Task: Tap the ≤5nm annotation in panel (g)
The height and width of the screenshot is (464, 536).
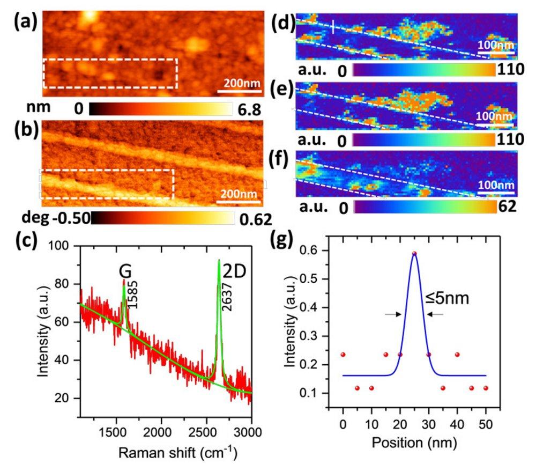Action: tap(448, 297)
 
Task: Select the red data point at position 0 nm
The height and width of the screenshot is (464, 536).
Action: tap(343, 355)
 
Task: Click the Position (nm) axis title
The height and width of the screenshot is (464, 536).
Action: tap(414, 443)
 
